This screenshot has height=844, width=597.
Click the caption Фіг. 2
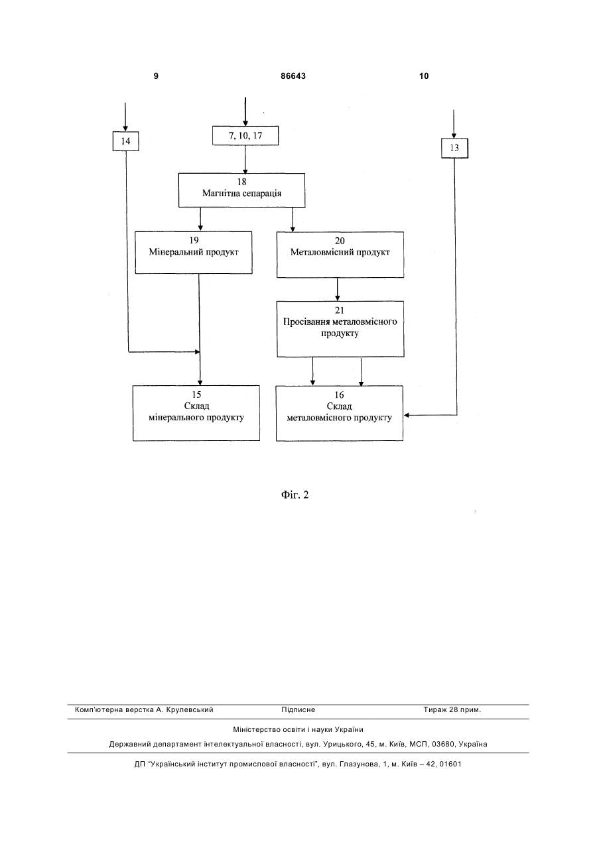click(295, 495)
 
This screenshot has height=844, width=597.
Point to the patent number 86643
click(293, 76)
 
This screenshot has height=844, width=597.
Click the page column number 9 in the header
click(156, 76)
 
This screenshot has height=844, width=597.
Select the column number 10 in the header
click(424, 76)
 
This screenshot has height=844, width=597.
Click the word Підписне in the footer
click(298, 710)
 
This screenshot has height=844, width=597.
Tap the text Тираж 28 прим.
click(452, 710)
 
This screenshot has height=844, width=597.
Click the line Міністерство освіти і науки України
click(298, 729)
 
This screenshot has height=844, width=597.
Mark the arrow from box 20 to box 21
click(338, 289)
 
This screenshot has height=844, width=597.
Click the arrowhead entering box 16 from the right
click(407, 415)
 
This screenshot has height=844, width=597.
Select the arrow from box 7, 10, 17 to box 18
click(245, 159)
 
